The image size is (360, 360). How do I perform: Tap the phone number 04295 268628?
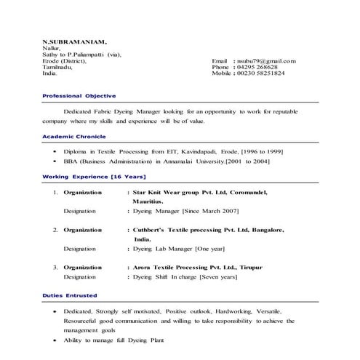point(260,67)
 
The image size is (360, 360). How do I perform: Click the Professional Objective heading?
point(79,96)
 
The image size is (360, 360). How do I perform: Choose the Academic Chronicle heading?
point(74,136)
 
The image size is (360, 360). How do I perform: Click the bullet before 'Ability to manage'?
point(55,340)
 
